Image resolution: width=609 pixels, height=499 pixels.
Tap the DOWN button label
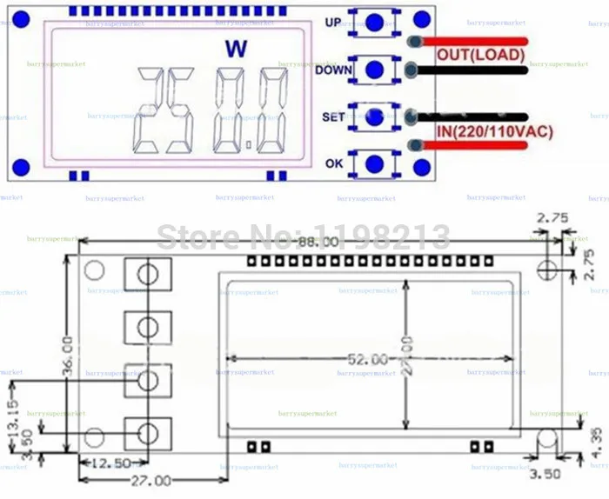tap(334, 70)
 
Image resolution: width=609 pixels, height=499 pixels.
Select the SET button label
tap(333, 116)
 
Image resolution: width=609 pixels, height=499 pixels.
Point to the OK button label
tap(334, 163)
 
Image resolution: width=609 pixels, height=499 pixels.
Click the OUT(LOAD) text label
tap(480, 55)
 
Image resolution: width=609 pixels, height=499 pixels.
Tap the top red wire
tap(474, 40)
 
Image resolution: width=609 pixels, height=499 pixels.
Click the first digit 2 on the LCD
tap(160, 110)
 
